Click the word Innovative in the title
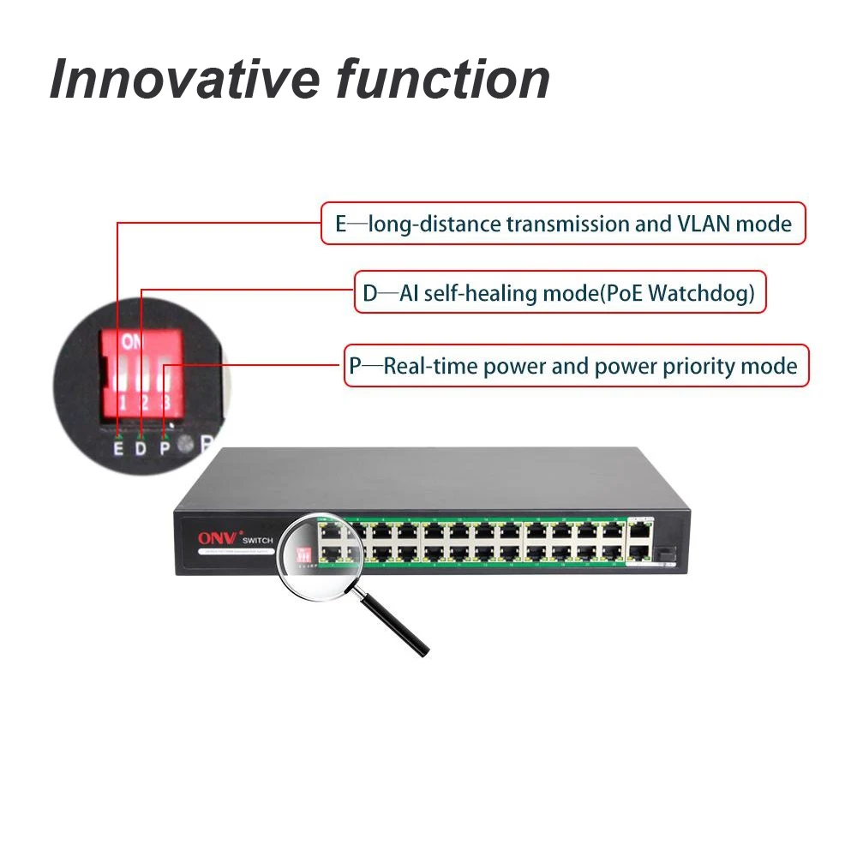click(x=183, y=79)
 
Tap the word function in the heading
click(x=442, y=79)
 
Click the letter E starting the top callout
click(x=340, y=225)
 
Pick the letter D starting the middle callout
click(x=369, y=294)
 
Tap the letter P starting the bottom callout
click(x=355, y=368)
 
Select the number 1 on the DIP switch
click(x=123, y=403)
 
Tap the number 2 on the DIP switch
click(x=145, y=403)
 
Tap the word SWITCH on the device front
click(x=256, y=540)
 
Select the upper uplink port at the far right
click(x=639, y=530)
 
